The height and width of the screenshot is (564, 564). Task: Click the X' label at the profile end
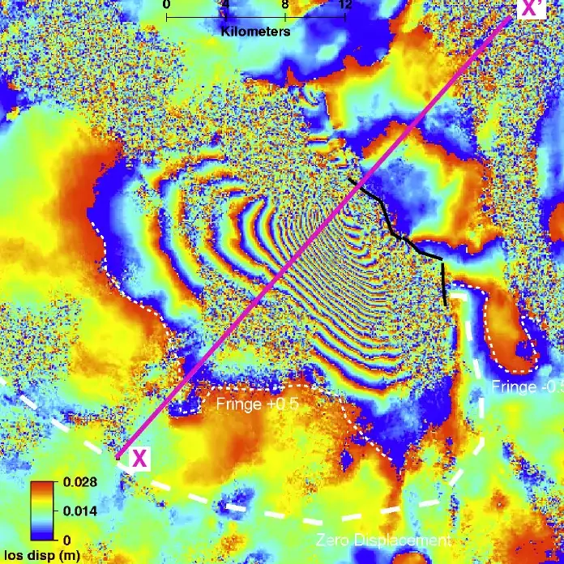pyautogui.click(x=532, y=9)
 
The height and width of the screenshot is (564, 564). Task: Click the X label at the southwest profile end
pyautogui.click(x=139, y=459)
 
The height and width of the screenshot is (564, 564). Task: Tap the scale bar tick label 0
pyautogui.click(x=166, y=5)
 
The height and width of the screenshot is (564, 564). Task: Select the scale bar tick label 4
pyautogui.click(x=225, y=5)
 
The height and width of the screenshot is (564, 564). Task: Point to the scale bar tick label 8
pyautogui.click(x=285, y=5)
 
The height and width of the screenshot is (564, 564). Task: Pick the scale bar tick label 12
pyautogui.click(x=344, y=5)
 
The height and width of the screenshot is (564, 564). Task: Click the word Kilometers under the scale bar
pyautogui.click(x=255, y=31)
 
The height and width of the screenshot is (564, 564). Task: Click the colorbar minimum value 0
pyautogui.click(x=66, y=538)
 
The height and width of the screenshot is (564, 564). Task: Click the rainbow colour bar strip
pyautogui.click(x=43, y=511)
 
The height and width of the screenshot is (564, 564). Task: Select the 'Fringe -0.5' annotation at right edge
pyautogui.click(x=528, y=387)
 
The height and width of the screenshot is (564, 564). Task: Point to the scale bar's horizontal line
pyautogui.click(x=255, y=16)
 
